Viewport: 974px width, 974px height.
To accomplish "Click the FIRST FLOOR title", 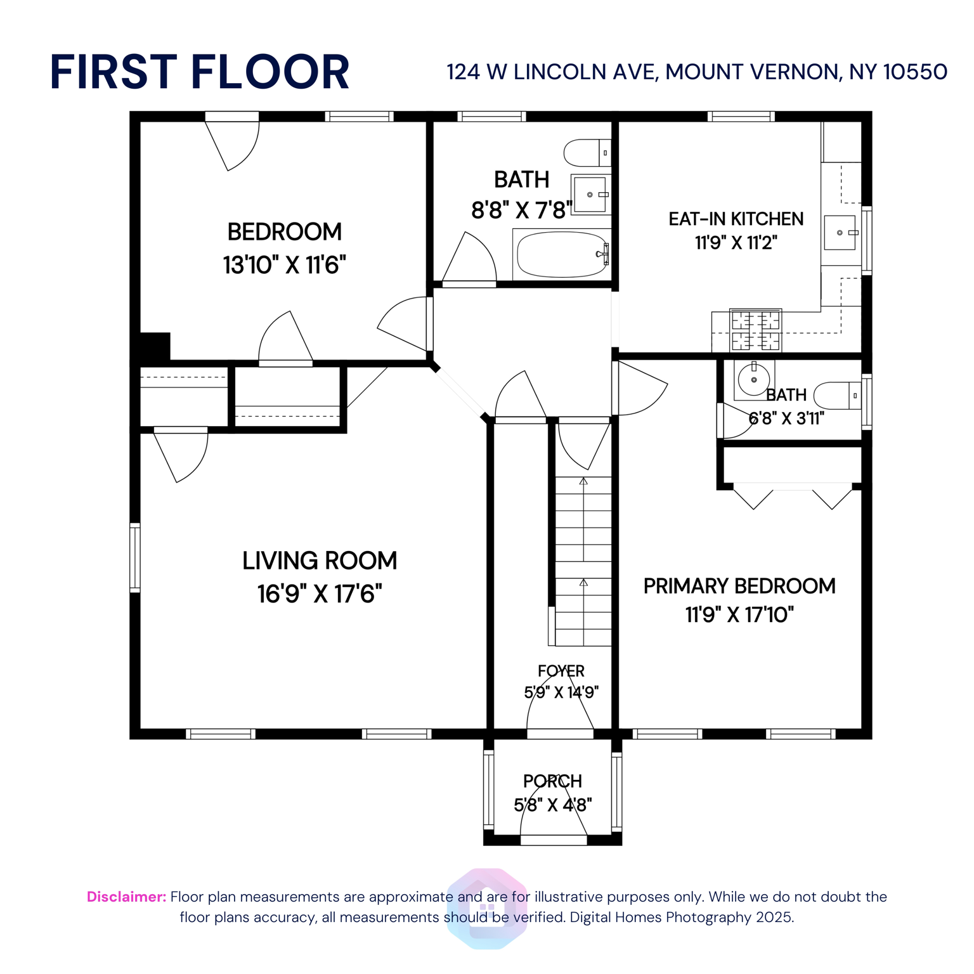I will [199, 72].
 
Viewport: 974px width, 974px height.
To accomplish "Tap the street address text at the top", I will [696, 72].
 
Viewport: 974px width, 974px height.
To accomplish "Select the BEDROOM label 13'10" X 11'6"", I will [284, 248].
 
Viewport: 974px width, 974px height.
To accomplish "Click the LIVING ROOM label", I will [320, 561].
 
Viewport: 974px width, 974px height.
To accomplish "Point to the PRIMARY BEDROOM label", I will [739, 586].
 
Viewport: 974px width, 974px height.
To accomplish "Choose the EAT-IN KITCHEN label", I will [736, 219].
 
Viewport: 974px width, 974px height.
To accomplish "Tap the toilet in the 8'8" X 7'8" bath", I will [587, 153].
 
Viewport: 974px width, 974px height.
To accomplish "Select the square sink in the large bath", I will [590, 195].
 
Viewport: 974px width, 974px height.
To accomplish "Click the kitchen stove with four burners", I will [755, 330].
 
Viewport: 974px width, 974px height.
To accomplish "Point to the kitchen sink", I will [840, 233].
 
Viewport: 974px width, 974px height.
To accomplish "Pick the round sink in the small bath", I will [753, 380].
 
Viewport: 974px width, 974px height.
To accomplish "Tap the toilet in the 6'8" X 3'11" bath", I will [837, 396].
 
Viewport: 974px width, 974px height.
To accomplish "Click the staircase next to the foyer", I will [583, 561].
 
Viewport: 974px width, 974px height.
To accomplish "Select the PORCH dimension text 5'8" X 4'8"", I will [552, 805].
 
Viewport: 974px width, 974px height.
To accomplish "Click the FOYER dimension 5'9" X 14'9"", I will [561, 692].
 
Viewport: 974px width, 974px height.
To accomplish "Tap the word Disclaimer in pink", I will [126, 897].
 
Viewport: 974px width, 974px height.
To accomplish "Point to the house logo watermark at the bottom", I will [486, 908].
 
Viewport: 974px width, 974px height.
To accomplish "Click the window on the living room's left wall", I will [135, 557].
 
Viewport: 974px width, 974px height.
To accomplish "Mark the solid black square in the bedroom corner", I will [155, 347].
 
